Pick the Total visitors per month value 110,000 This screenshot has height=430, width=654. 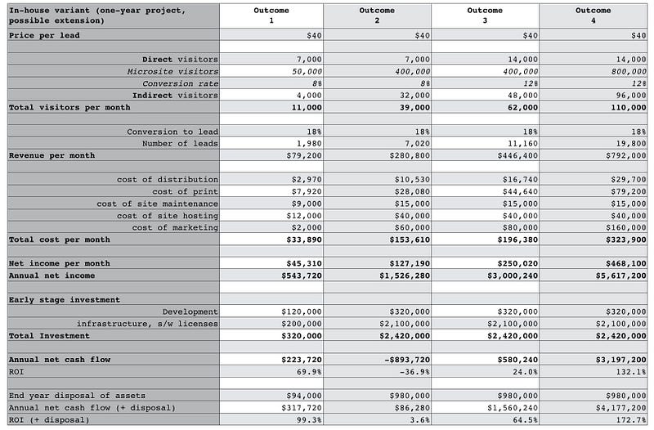[627, 107]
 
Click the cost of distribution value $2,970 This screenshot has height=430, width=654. [304, 179]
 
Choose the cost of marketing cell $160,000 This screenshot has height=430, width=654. [624, 227]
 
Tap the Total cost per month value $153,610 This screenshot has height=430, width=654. [407, 240]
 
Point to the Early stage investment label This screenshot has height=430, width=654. [65, 299]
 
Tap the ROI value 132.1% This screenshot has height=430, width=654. [632, 372]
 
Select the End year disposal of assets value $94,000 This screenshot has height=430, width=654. [304, 396]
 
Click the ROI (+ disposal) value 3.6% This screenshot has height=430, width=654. [420, 420]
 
